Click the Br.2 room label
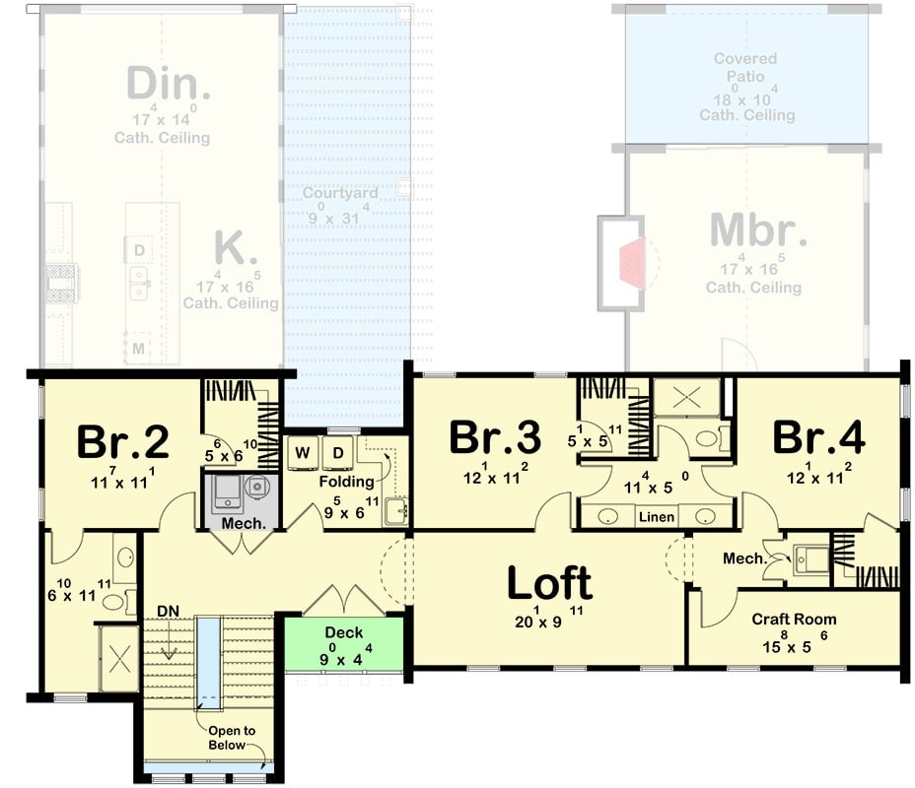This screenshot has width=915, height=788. coord(122,442)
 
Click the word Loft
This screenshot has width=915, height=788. coord(549,583)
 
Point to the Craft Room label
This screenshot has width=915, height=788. coord(794,620)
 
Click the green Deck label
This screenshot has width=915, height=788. coord(343,632)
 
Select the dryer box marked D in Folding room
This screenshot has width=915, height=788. coord(338,453)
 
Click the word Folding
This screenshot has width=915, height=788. coord(346,482)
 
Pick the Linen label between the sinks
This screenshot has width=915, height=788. coord(656,517)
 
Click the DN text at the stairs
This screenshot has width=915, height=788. coord(168,612)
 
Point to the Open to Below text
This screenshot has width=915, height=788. coord(233,738)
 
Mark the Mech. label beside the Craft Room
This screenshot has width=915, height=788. coord(744,558)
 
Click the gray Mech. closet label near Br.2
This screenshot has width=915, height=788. coord(243,523)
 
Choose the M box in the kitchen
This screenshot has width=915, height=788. coord(139,348)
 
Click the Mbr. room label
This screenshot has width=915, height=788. coord(758,230)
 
